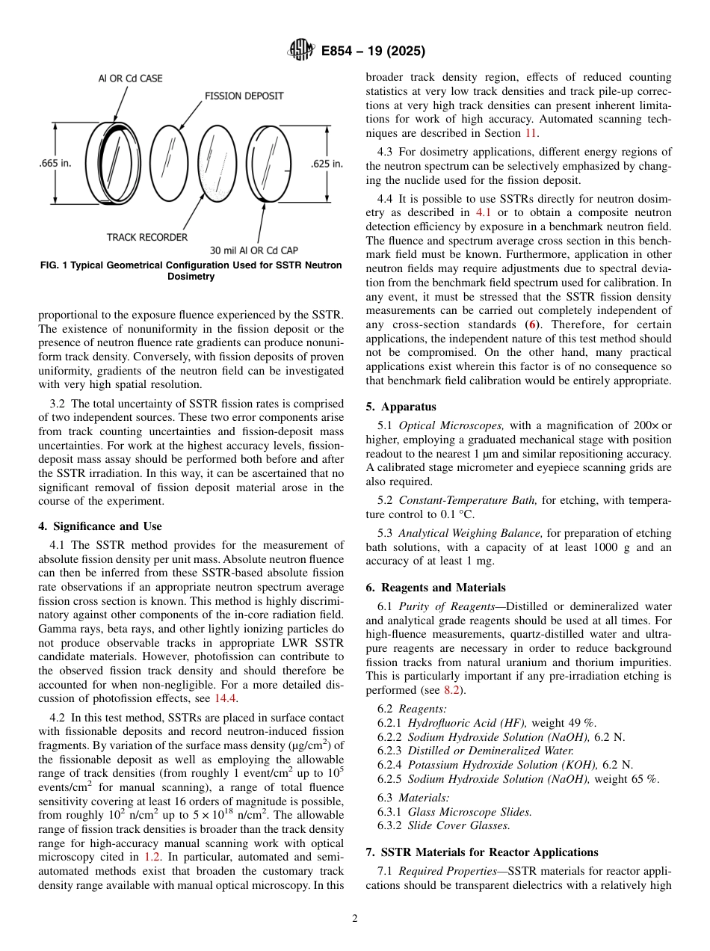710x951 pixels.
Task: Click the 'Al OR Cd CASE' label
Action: (x=131, y=78)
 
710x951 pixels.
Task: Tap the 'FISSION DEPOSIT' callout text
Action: (x=244, y=96)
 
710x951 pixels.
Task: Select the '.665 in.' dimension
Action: (x=55, y=164)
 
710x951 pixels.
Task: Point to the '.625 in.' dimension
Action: (x=327, y=164)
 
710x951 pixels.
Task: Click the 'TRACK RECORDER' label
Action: (x=147, y=237)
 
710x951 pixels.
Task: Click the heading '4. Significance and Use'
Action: (x=100, y=526)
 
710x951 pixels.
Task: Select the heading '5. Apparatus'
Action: (x=401, y=407)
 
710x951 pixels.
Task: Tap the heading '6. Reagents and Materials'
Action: (x=436, y=588)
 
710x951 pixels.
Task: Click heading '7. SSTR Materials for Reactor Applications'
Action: (x=482, y=852)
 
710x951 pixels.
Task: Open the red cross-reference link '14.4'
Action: (x=226, y=698)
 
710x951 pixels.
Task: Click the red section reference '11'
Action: (x=530, y=133)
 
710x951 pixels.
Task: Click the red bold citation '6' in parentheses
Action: (x=532, y=324)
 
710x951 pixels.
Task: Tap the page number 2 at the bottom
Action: (x=355, y=919)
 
